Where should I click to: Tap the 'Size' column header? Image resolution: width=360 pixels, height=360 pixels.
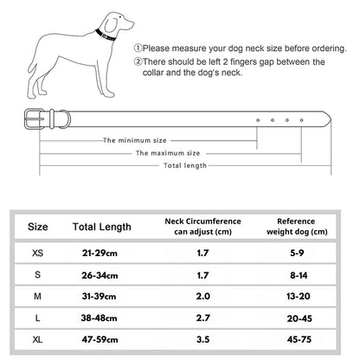click(38, 227)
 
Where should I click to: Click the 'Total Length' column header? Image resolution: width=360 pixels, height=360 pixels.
click(102, 227)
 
